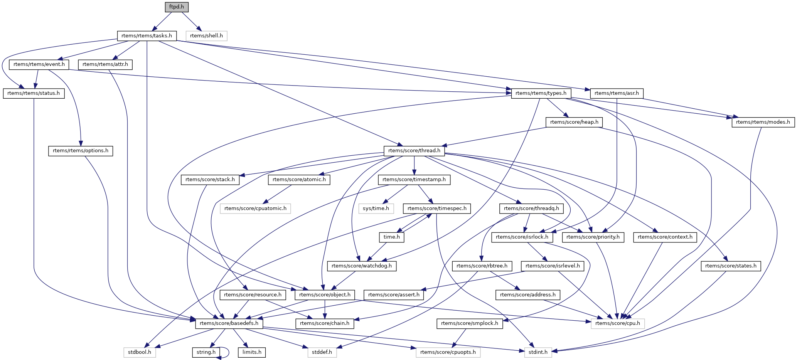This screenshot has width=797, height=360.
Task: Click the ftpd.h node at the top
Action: tap(177, 7)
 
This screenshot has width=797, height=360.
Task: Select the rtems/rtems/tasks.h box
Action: tap(147, 36)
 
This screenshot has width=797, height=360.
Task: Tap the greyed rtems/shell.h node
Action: tap(206, 36)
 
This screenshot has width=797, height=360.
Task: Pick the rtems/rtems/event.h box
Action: tap(39, 64)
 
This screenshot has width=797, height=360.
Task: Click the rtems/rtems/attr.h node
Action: tap(105, 64)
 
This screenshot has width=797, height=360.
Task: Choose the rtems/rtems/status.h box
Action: tap(34, 93)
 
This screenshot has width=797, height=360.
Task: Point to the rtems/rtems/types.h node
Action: tap(541, 93)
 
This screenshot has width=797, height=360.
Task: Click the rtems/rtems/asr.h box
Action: tap(617, 93)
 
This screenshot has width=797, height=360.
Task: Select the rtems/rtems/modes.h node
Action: tap(763, 122)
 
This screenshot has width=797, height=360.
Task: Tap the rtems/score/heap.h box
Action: tap(574, 122)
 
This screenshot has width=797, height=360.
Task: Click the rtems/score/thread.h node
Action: tap(414, 151)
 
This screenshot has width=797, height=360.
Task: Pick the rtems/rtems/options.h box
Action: tap(81, 151)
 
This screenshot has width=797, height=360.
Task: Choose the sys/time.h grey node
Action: tap(376, 209)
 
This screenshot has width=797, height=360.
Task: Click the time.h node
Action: tap(392, 237)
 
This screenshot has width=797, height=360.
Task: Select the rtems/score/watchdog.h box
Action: tap(362, 266)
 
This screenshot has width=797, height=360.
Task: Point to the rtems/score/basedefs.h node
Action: tap(229, 323)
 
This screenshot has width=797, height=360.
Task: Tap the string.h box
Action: tap(206, 352)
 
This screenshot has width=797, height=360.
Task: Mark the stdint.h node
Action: tap(538, 352)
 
